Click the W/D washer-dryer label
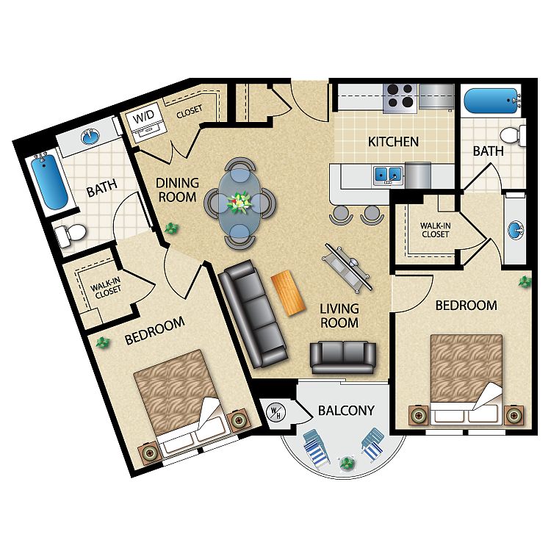(143, 116)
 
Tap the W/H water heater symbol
(275, 412)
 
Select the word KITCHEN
(393, 142)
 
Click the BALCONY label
(346, 411)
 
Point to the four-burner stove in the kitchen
(400, 98)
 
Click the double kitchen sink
(388, 174)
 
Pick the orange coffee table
(288, 292)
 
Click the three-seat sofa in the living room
(253, 314)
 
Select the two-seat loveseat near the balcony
(343, 357)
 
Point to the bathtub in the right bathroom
(491, 101)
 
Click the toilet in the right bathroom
(513, 137)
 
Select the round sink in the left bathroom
(90, 137)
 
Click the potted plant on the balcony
(347, 463)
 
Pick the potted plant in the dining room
(172, 228)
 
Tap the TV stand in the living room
(346, 267)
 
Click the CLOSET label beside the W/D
(190, 112)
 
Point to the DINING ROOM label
(177, 190)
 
